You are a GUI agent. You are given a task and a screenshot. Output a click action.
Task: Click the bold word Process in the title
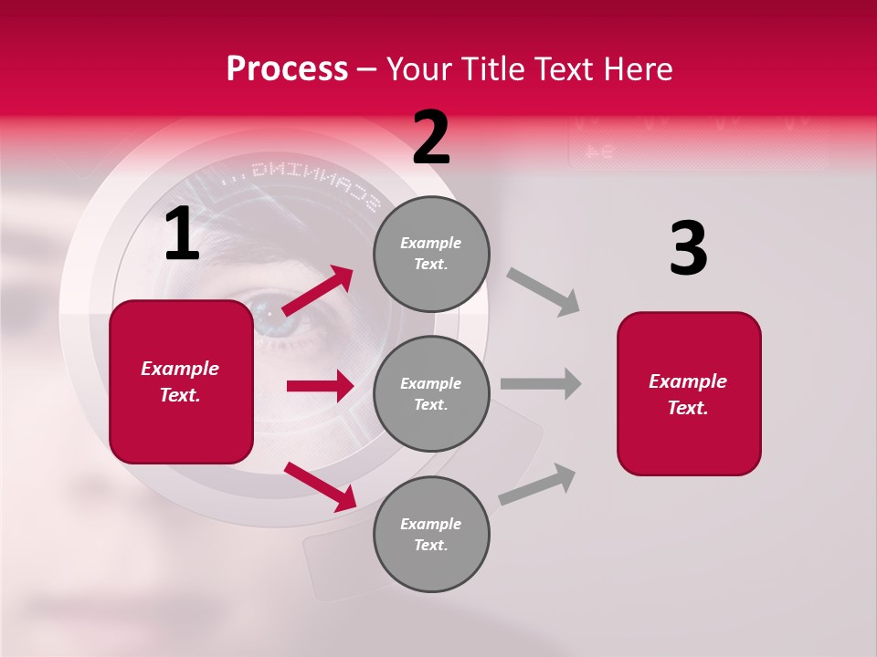[287, 69]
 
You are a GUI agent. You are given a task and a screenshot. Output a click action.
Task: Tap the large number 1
[182, 235]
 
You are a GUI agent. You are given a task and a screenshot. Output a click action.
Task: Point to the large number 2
[431, 138]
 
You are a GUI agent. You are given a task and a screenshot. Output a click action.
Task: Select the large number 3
[689, 249]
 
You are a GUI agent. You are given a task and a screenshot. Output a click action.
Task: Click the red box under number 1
[181, 381]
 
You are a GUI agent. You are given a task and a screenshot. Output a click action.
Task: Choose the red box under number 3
[689, 394]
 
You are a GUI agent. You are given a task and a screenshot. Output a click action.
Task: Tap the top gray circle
[431, 254]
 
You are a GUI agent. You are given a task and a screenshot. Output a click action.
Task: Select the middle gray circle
[431, 393]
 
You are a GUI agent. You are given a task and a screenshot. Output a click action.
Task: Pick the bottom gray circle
[431, 535]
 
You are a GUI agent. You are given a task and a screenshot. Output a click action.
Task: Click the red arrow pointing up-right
[318, 290]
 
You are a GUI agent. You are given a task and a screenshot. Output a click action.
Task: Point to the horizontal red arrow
[320, 386]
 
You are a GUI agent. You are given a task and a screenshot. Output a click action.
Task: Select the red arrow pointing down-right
[320, 486]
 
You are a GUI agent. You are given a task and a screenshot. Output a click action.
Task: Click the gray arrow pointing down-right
[544, 292]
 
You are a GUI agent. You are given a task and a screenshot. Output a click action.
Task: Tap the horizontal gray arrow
[541, 383]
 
